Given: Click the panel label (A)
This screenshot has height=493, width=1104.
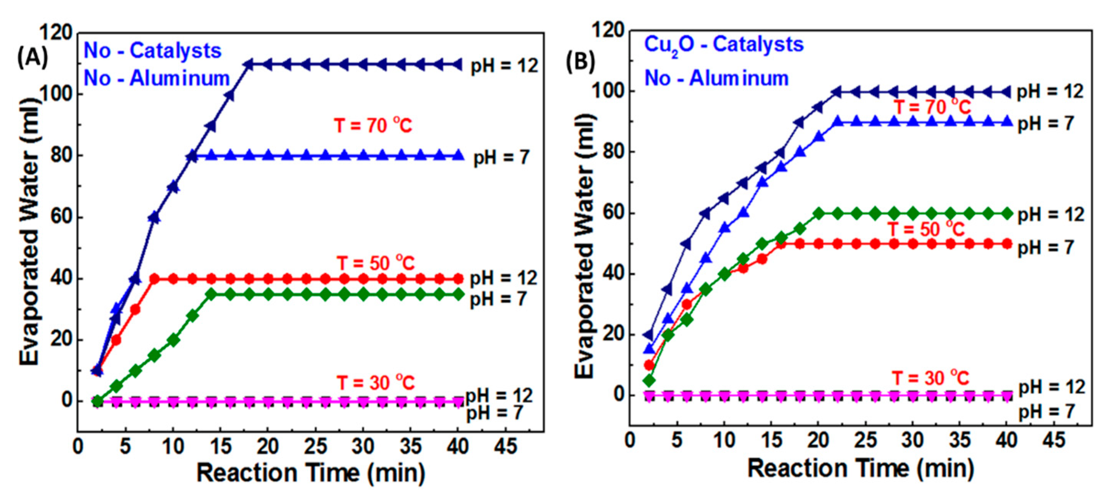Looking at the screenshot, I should click(33, 58).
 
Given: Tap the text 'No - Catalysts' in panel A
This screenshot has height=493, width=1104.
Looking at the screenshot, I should click(152, 51).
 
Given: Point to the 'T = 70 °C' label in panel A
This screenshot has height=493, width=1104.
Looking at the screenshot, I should click(373, 125).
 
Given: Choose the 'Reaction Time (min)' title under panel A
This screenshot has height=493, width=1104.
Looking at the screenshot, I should click(311, 473).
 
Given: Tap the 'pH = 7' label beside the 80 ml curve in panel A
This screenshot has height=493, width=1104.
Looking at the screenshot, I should click(501, 158).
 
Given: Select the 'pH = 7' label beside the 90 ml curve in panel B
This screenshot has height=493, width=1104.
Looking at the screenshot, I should click(1045, 123).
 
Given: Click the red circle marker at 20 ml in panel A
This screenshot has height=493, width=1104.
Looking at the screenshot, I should click(116, 340).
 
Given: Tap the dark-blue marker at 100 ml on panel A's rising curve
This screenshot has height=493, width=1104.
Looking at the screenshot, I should click(230, 95).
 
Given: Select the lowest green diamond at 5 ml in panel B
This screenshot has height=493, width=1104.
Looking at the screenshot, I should click(649, 380).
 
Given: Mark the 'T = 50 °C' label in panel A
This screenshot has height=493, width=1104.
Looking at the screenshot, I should click(375, 263).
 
